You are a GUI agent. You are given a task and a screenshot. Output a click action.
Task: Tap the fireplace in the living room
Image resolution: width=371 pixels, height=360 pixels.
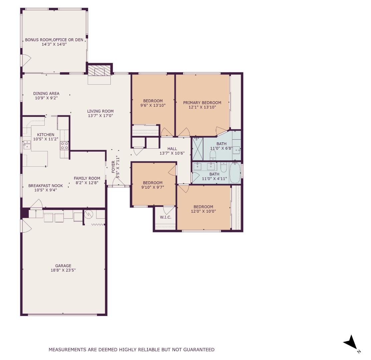pyautogui.click(x=99, y=71)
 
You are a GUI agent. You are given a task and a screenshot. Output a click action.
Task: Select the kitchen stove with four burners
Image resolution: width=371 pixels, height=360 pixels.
pyautogui.click(x=64, y=145)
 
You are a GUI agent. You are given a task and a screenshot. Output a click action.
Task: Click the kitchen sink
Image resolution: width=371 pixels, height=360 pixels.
pyautogui.click(x=27, y=144)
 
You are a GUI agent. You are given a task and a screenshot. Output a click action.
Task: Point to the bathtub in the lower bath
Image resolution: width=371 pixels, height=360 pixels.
pyautogui.click(x=235, y=173)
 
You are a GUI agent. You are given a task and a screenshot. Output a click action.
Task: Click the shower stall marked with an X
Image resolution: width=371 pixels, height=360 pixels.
pyautogui.click(x=198, y=149)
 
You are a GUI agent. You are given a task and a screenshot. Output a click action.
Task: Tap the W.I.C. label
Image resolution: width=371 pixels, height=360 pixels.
pyautogui.click(x=165, y=217)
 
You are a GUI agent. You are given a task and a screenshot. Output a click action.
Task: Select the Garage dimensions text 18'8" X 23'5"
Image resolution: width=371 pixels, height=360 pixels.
pyautogui.click(x=63, y=270)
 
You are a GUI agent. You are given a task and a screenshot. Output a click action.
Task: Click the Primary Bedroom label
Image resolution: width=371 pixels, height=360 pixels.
pyautogui.click(x=202, y=103)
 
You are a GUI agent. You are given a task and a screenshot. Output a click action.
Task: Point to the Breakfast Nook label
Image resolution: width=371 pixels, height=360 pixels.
pyautogui.click(x=45, y=186)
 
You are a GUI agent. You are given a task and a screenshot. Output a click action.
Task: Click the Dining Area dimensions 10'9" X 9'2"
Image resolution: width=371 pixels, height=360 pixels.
pyautogui.click(x=46, y=98)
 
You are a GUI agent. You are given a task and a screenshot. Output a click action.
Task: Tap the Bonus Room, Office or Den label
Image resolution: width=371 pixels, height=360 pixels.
pyautogui.click(x=54, y=40)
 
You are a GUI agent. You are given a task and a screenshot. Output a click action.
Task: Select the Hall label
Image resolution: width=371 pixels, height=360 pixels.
pyautogui.click(x=172, y=149)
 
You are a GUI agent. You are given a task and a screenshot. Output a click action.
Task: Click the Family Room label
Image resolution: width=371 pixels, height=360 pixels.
pyautogui.click(x=87, y=178)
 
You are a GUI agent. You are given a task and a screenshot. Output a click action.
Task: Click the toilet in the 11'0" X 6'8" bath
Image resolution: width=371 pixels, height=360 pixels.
pyautogui.click(x=213, y=155)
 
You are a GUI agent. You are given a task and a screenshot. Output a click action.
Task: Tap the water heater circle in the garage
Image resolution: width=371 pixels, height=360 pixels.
pyautogui.click(x=89, y=214)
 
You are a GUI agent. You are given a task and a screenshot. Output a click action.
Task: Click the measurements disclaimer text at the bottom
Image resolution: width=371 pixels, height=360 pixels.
pyautogui.click(x=131, y=350)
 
